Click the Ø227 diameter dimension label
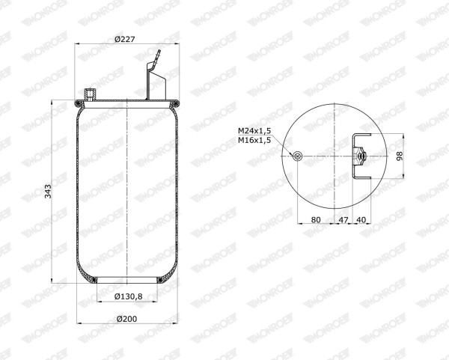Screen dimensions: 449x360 124,39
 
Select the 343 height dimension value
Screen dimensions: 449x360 48,192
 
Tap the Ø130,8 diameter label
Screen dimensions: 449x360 129,296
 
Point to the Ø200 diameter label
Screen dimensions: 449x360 127,319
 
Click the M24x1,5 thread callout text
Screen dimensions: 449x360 254,131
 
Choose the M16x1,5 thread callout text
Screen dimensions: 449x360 254,141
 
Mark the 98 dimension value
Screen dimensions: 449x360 400,156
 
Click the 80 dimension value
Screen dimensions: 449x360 316,219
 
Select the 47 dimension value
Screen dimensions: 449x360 343,219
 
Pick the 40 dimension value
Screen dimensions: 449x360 361,219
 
